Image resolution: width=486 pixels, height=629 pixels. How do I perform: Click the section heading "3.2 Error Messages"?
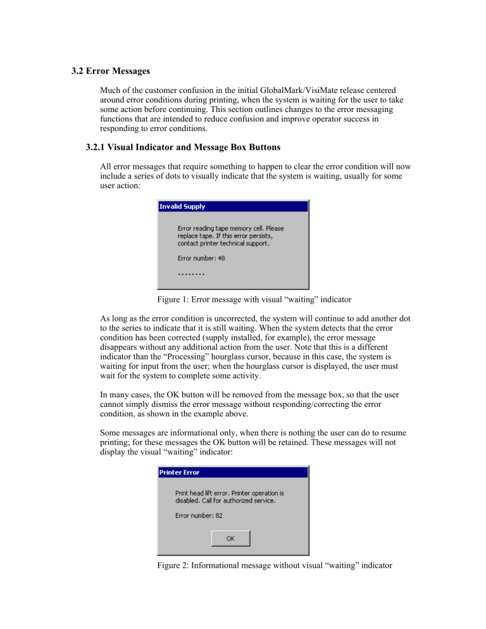[x=111, y=72]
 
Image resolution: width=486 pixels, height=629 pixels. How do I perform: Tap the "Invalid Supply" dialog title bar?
[x=232, y=206]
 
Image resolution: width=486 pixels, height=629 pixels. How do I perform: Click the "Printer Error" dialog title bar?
[x=232, y=472]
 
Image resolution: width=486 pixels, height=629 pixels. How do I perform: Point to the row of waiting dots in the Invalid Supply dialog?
[x=190, y=275]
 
